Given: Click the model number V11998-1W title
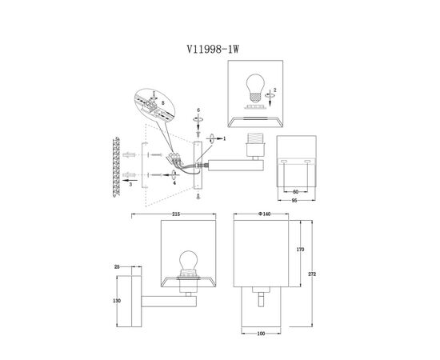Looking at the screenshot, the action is [213, 50].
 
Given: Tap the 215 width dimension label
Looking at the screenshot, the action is [176, 214].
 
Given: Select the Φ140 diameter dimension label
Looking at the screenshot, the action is [264, 214].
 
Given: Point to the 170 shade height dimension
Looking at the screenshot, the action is [300, 249].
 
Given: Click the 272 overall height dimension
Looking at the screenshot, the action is [312, 274].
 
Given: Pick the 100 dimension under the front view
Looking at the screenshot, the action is [261, 334].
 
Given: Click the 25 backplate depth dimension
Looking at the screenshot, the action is [117, 267].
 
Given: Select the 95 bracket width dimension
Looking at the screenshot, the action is [294, 200].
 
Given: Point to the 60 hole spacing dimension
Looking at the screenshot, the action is [295, 192].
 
